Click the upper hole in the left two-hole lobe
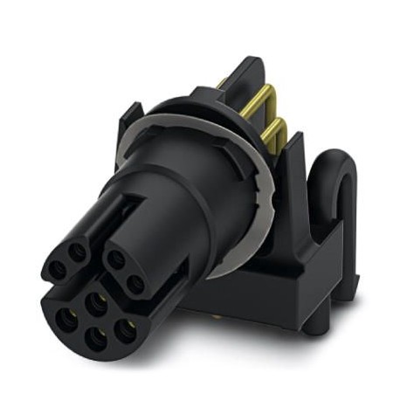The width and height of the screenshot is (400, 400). (x=78, y=252)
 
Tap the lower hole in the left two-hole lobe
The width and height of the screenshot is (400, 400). (x=59, y=269)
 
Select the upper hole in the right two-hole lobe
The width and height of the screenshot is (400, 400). (x=115, y=258)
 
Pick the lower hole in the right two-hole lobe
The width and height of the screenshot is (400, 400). (x=135, y=283)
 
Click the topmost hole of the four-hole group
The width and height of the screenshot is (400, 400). (x=95, y=302)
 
